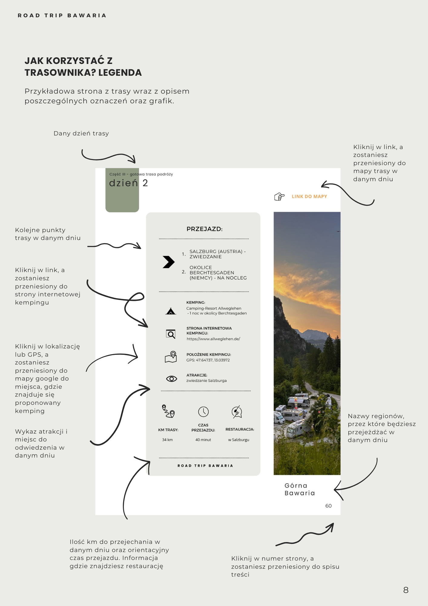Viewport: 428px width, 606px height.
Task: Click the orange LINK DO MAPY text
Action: click(x=309, y=196)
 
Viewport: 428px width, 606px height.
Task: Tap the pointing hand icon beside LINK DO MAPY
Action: click(x=279, y=197)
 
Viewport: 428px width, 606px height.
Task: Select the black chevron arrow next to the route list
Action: click(x=168, y=262)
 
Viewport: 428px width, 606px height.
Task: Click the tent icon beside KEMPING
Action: click(x=171, y=311)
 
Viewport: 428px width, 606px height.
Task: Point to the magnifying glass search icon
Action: click(x=171, y=334)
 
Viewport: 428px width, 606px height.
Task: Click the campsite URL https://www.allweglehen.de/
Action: click(x=213, y=339)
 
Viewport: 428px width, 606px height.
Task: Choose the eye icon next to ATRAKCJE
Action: click(x=171, y=379)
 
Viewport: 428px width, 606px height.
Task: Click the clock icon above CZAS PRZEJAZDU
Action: click(x=203, y=412)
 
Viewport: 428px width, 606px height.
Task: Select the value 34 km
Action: click(x=167, y=440)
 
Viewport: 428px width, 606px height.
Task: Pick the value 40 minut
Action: click(x=203, y=440)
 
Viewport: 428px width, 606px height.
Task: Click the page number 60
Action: click(x=328, y=506)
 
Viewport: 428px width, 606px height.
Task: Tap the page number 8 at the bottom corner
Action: click(x=406, y=590)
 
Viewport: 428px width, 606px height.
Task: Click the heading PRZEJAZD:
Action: click(x=204, y=229)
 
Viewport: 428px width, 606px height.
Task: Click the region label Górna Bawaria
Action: click(x=299, y=489)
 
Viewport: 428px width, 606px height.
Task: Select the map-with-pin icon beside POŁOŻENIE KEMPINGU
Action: click(x=171, y=357)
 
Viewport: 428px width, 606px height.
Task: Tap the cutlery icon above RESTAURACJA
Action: click(x=237, y=412)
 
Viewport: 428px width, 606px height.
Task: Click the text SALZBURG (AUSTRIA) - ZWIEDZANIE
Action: click(x=217, y=254)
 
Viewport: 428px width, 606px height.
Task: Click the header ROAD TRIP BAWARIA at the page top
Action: click(x=62, y=15)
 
